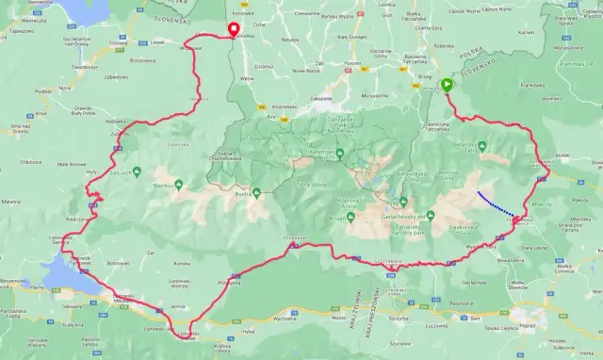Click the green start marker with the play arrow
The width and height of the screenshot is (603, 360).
(x=447, y=86)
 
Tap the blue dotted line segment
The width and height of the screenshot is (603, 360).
(x=496, y=205)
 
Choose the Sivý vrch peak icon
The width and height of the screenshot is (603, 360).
(x=138, y=171)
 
